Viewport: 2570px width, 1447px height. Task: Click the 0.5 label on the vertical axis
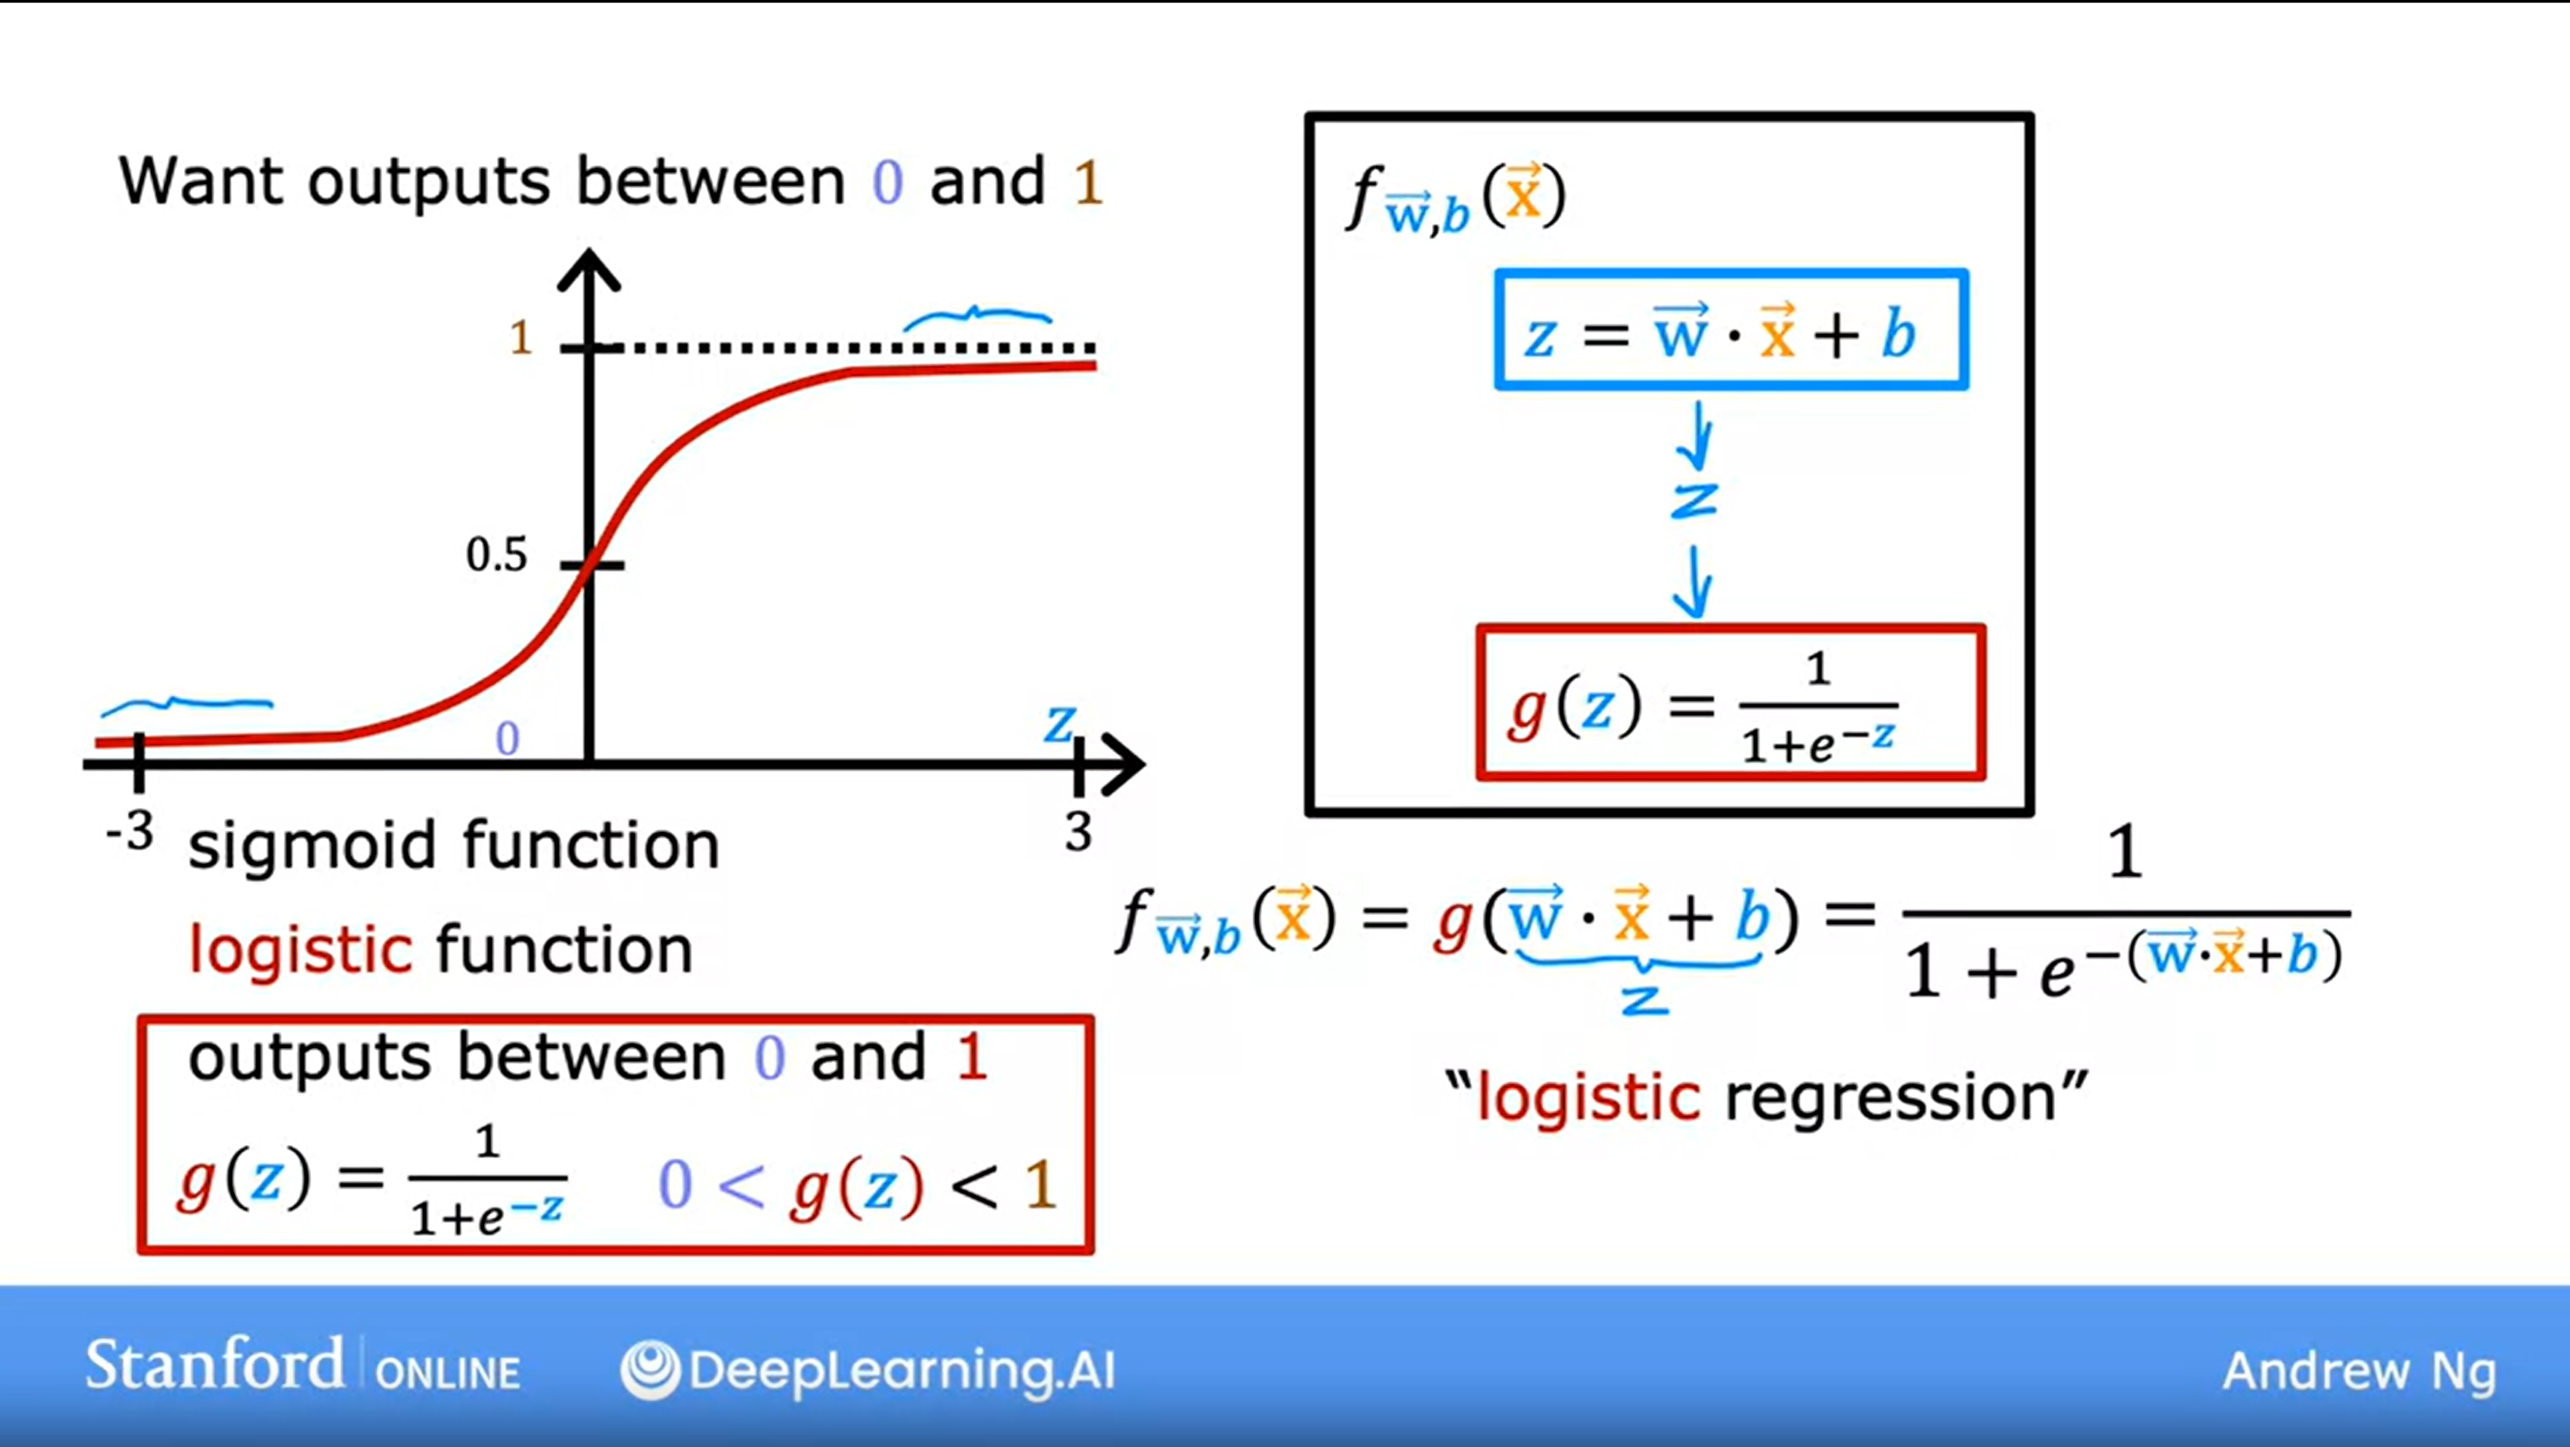(495, 555)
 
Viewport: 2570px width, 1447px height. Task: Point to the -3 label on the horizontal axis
(129, 830)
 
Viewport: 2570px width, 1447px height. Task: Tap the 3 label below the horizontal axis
(1077, 831)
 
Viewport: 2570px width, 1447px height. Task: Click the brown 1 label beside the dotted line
(520, 338)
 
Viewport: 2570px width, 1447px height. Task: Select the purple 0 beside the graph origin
(508, 739)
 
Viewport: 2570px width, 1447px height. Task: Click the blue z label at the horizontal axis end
(1060, 725)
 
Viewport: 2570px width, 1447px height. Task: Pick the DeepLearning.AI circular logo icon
(650, 1369)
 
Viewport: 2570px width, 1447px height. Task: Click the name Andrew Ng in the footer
(2359, 1371)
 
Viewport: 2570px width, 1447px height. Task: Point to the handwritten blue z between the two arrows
(1694, 501)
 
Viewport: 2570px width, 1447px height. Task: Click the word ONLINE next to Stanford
(448, 1373)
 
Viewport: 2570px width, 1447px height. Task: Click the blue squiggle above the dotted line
(977, 318)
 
